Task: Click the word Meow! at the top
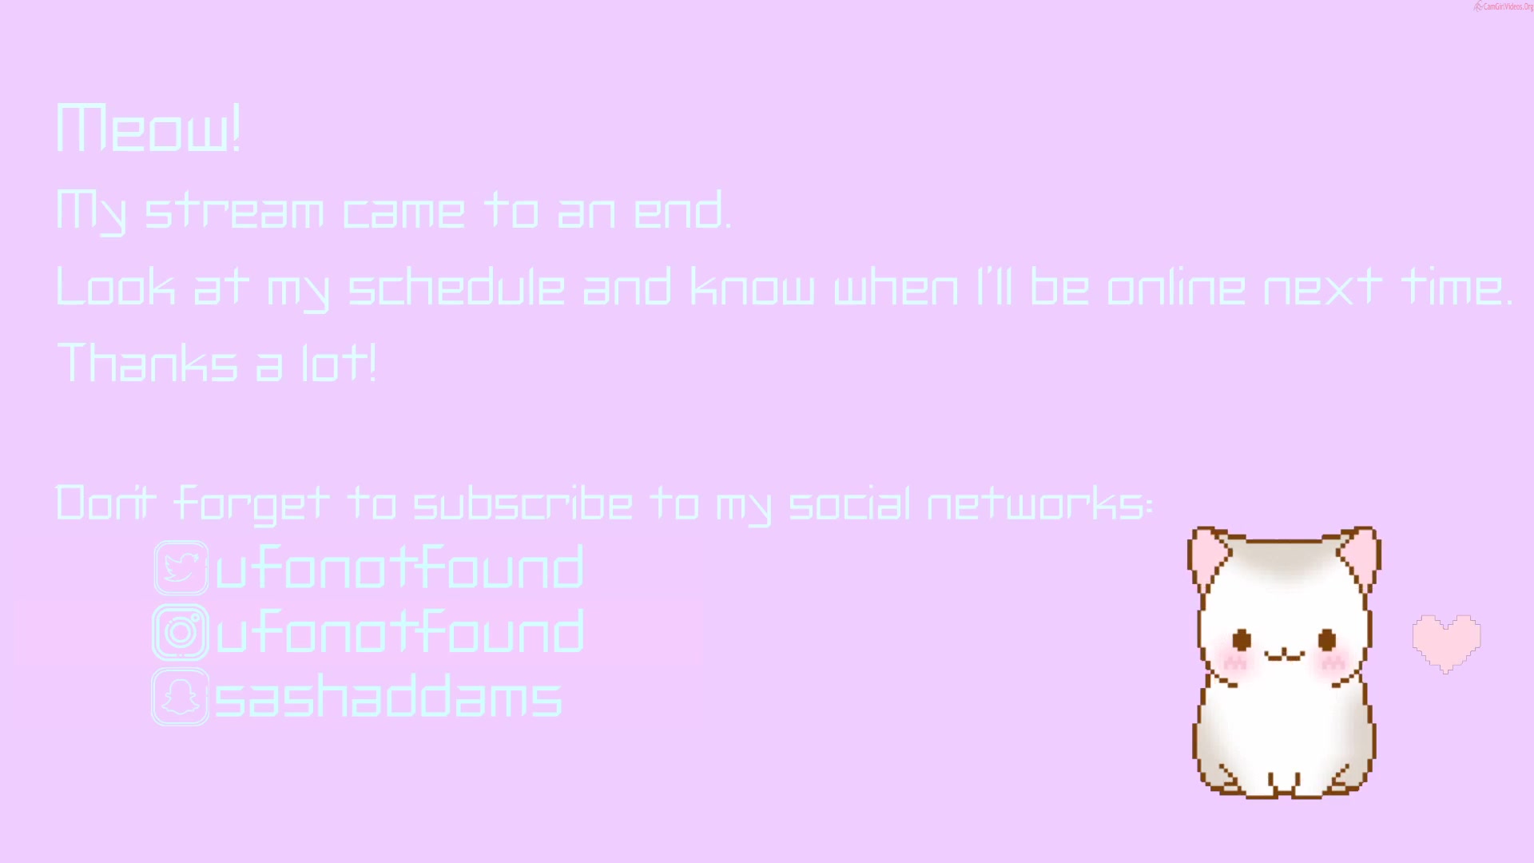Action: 149,128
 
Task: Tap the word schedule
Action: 457,288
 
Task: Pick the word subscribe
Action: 523,503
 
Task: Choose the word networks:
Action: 1040,503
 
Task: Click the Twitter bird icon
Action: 181,568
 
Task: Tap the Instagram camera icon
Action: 181,632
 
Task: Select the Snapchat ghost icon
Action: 181,697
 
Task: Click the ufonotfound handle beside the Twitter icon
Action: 399,567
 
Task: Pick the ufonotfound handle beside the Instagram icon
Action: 399,631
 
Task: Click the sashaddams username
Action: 388,696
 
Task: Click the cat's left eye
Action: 1242,639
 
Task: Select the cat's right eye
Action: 1327,639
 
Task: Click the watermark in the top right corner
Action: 1503,6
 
